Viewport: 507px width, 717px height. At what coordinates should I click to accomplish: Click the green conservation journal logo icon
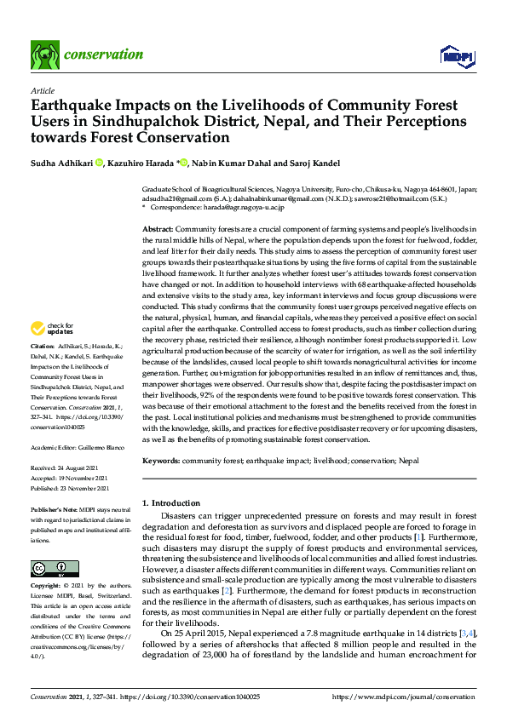point(44,54)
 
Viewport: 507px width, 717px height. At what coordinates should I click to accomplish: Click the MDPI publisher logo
point(457,56)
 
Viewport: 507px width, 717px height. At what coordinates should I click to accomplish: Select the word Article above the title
point(42,90)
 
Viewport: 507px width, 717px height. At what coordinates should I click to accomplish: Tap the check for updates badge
point(52,329)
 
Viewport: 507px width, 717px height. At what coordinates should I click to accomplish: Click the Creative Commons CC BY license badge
point(49,567)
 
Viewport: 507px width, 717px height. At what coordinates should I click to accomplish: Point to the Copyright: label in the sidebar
point(47,587)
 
